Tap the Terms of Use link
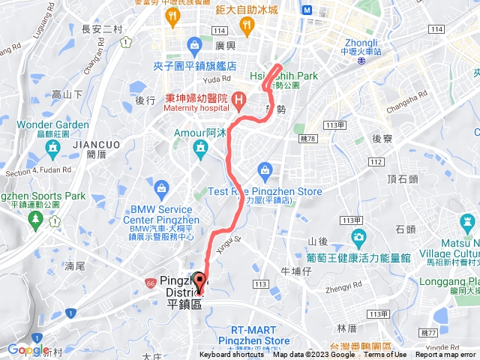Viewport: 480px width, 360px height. (x=385, y=355)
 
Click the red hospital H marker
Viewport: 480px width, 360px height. (x=238, y=99)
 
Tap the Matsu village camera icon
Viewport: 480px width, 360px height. (x=466, y=223)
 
